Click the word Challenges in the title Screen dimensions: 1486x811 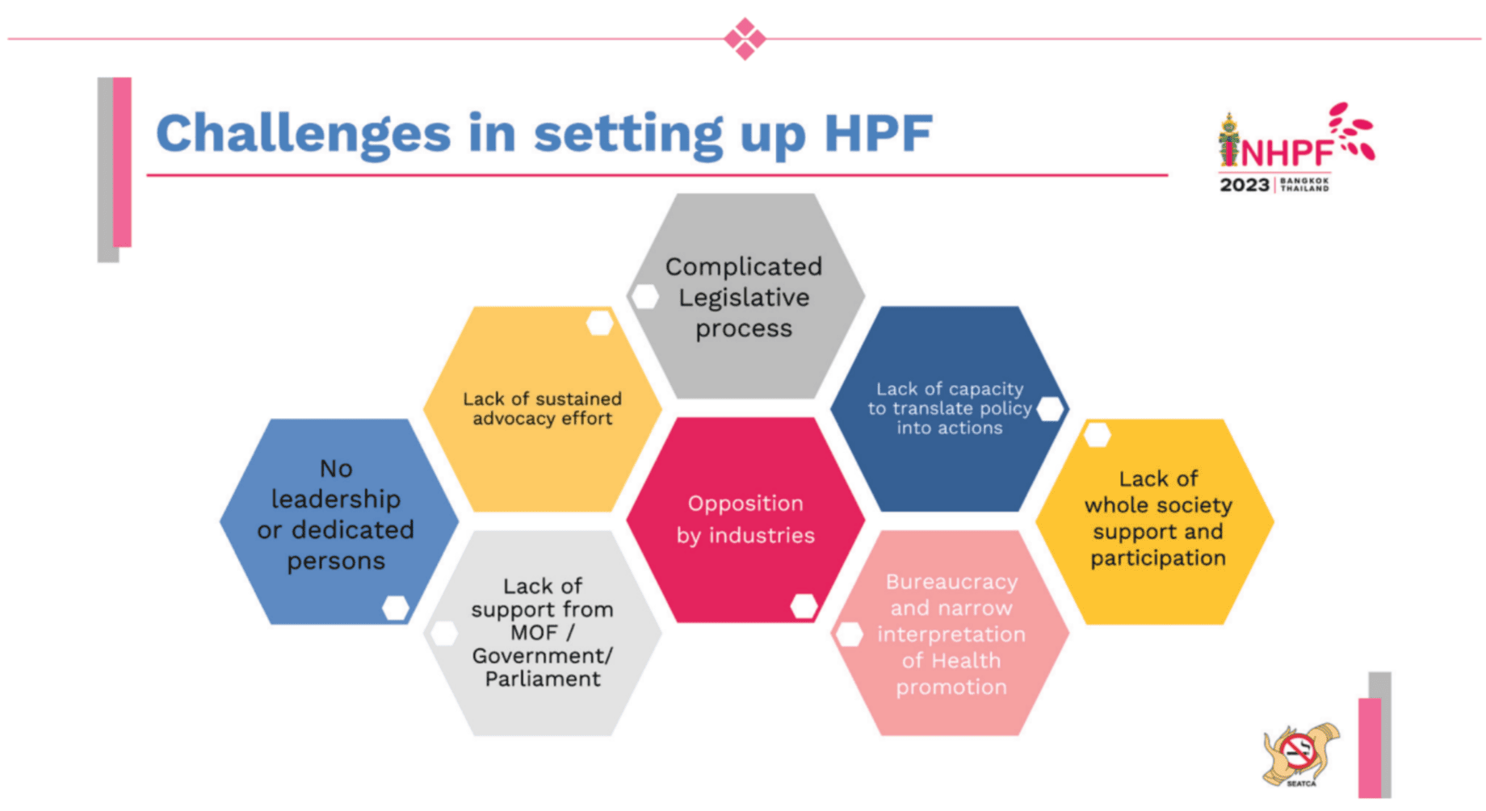[x=303, y=134]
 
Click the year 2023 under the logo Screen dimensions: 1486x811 [x=1245, y=185]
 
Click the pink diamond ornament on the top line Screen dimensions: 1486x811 [x=745, y=38]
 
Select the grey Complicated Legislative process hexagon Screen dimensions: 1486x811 [x=745, y=295]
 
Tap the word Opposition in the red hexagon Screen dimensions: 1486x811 [x=745, y=504]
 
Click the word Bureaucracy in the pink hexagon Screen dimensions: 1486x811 [x=951, y=582]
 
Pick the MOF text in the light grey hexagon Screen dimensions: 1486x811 [x=534, y=633]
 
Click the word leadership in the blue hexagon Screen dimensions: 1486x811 [x=336, y=500]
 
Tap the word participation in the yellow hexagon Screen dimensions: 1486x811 [x=1158, y=558]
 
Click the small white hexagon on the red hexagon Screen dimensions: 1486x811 [x=804, y=606]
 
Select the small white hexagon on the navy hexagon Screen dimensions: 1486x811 [x=1050, y=409]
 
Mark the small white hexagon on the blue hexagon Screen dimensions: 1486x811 [x=395, y=608]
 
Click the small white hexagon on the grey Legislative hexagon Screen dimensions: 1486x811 [x=644, y=297]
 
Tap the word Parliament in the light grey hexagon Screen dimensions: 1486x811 [x=543, y=679]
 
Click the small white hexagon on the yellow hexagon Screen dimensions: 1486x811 [x=1097, y=435]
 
